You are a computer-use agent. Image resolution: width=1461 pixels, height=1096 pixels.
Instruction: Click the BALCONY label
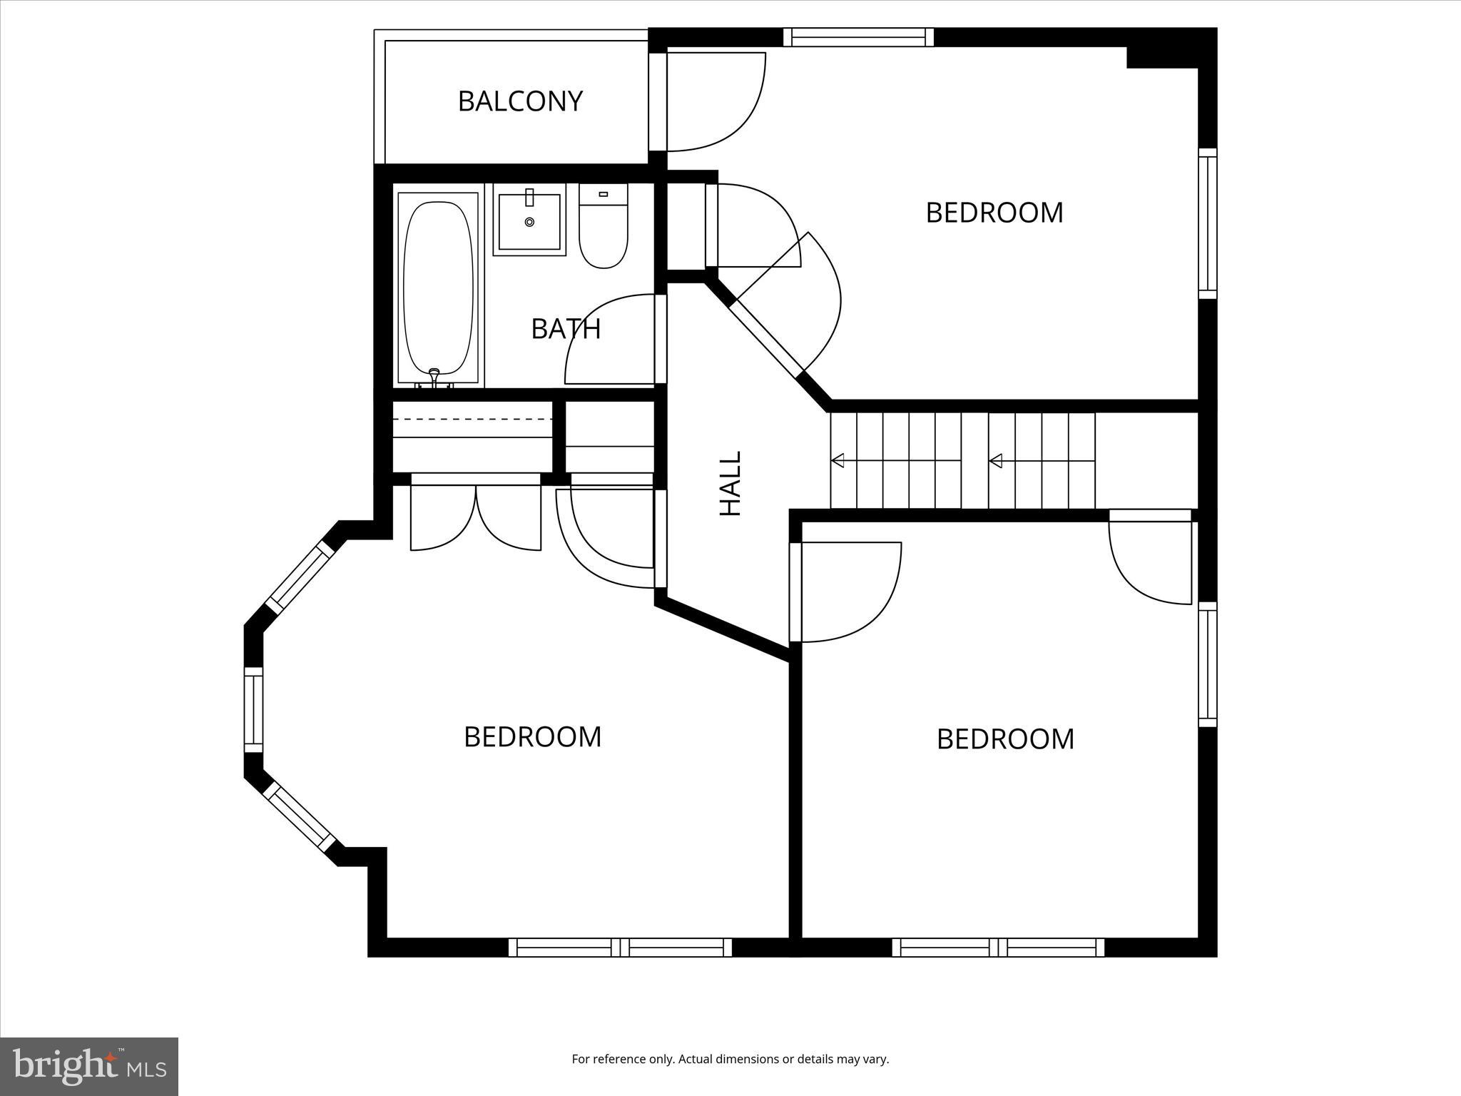point(520,101)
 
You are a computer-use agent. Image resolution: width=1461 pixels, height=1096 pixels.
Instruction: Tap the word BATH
point(566,329)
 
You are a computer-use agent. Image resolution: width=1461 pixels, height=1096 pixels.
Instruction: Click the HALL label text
point(730,483)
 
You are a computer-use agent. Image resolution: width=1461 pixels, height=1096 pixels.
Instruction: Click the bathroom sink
point(529,221)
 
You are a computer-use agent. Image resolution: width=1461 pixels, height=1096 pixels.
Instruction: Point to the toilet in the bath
point(604,228)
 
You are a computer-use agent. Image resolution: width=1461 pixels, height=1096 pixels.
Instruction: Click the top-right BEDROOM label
point(994,213)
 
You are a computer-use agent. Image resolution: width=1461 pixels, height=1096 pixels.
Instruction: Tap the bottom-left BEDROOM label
point(532,737)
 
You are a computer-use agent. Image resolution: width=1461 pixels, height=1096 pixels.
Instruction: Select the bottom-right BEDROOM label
point(1004,739)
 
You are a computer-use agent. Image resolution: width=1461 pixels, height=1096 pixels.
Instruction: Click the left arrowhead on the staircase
point(838,461)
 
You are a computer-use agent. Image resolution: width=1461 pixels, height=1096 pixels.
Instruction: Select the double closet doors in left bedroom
point(476,517)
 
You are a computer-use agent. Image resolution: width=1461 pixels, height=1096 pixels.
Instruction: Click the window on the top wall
point(858,37)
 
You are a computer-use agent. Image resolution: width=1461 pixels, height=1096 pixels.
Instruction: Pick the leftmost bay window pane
point(253,709)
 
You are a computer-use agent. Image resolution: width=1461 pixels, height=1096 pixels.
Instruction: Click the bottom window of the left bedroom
point(620,948)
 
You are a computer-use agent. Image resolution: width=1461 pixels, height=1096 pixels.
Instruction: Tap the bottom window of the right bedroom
point(997,948)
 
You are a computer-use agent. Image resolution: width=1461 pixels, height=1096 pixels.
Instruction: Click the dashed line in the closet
point(472,418)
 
